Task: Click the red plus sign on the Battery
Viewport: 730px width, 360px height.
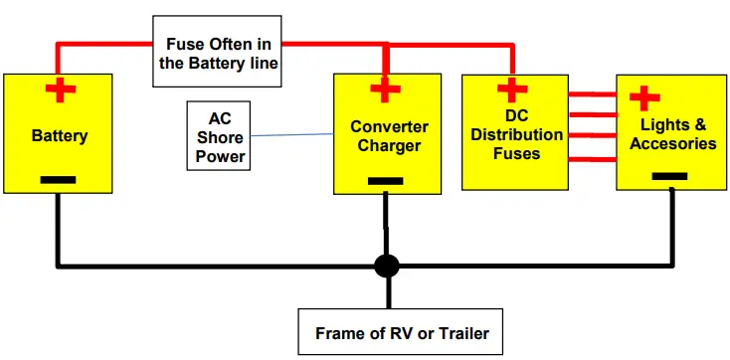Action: (x=60, y=91)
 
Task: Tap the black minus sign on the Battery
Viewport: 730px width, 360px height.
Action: (x=60, y=181)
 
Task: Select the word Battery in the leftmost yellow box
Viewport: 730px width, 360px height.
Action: (x=60, y=136)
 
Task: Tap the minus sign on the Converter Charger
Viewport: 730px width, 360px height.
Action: (x=384, y=181)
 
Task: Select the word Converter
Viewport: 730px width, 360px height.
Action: (x=389, y=127)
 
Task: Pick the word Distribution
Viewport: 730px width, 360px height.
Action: (x=516, y=135)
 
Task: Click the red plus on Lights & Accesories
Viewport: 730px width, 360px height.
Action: (x=644, y=98)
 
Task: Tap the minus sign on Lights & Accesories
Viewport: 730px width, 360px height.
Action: (x=668, y=176)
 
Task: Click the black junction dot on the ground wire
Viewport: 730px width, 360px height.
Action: (x=386, y=267)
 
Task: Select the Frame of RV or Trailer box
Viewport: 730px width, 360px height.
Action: (x=402, y=332)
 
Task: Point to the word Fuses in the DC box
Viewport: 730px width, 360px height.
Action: (x=516, y=153)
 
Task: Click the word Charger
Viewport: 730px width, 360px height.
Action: (x=389, y=146)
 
